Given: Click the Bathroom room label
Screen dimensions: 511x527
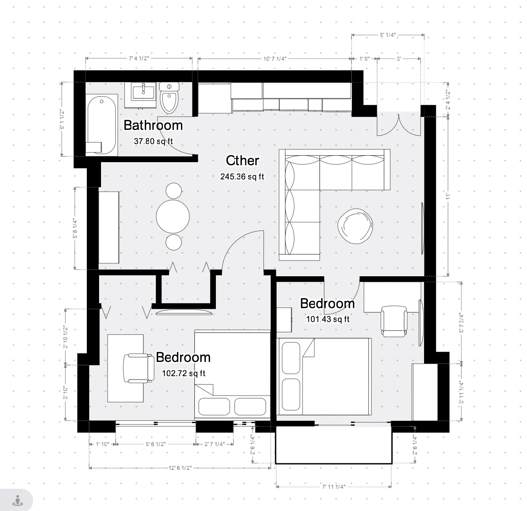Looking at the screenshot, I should coord(153,125).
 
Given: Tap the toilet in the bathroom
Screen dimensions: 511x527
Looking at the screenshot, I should coord(169,98).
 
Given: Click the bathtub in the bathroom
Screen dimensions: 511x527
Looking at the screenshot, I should coord(101,125).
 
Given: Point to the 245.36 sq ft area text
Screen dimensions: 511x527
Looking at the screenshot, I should coord(242,177).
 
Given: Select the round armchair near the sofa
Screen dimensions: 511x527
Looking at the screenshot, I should coord(355,226).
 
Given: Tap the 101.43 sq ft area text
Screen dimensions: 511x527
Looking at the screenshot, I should coord(328,319).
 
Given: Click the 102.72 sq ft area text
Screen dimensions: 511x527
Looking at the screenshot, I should coord(184,373).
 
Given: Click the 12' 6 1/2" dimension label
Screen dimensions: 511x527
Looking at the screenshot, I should coord(180,468).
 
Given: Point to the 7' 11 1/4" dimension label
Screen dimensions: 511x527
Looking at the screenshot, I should coord(333,487).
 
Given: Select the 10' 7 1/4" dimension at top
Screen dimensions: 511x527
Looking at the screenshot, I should coord(275,59).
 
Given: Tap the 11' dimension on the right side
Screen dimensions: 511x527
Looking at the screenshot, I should coord(447,196).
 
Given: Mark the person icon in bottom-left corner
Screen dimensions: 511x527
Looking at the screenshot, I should coord(17,500).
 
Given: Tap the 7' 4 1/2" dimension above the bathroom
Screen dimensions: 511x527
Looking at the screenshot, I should coord(139,59).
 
